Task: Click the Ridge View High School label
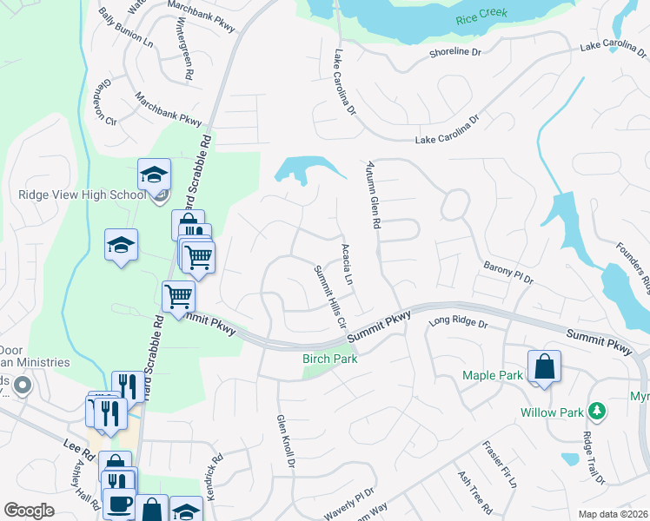(82, 195)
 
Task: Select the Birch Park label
(330, 359)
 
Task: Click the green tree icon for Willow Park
(597, 410)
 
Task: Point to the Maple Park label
(493, 375)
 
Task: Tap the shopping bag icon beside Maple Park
(544, 367)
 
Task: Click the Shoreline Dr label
(454, 53)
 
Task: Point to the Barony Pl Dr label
(507, 275)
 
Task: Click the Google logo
(30, 511)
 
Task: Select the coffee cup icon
(119, 505)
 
